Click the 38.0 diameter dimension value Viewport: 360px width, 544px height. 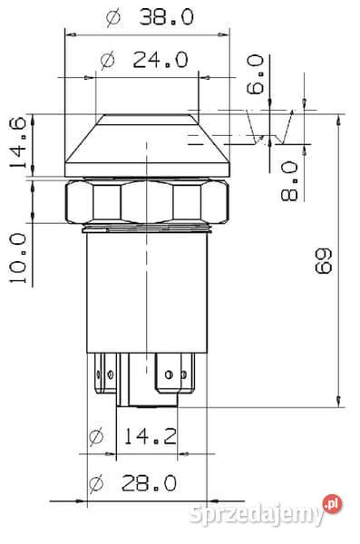pos(167,17)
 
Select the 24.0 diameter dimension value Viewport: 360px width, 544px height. pos(161,60)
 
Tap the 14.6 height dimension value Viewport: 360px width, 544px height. pos(18,142)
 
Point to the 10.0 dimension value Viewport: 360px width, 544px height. pos(18,257)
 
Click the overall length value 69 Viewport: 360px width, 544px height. pos(324,261)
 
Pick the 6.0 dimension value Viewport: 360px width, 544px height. pos(255,74)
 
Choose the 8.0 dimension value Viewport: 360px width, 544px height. pos(289,181)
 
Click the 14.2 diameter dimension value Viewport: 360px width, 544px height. pos(150,436)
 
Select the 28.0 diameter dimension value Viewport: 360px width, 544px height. pos(149,483)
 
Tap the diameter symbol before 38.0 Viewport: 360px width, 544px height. pos(113,18)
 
